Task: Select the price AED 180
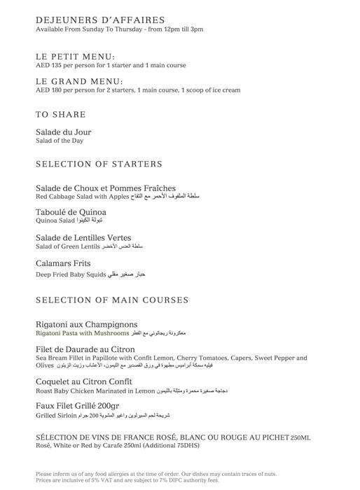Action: tap(50, 90)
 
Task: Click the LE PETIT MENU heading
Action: tap(75, 57)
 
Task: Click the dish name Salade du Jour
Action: tap(63, 132)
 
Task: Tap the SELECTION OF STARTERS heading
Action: tap(99, 164)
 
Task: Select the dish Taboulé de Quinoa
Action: tap(71, 212)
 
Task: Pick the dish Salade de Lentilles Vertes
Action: tap(83, 238)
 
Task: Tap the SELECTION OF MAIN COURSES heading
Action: tap(111, 300)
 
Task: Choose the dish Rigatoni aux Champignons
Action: tap(86, 325)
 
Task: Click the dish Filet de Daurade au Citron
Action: tap(85, 349)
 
